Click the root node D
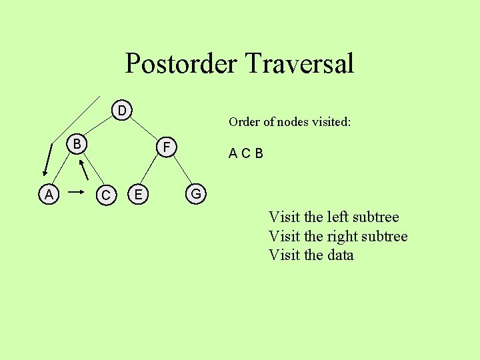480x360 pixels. pyautogui.click(x=122, y=109)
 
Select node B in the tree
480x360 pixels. pyautogui.click(x=77, y=144)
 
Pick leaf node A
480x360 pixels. pyautogui.click(x=48, y=195)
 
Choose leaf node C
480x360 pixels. pyautogui.click(x=105, y=195)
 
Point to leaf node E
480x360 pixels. pyautogui.click(x=138, y=194)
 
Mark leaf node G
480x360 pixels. pyautogui.click(x=196, y=194)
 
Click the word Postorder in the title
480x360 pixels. pyautogui.click(x=181, y=64)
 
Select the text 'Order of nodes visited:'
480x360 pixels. pyautogui.click(x=289, y=122)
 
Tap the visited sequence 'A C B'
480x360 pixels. pyautogui.click(x=245, y=154)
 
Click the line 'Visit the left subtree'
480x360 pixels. pyautogui.click(x=333, y=217)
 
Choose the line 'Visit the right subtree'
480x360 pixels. pyautogui.click(x=337, y=236)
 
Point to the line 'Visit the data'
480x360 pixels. pyautogui.click(x=311, y=255)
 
